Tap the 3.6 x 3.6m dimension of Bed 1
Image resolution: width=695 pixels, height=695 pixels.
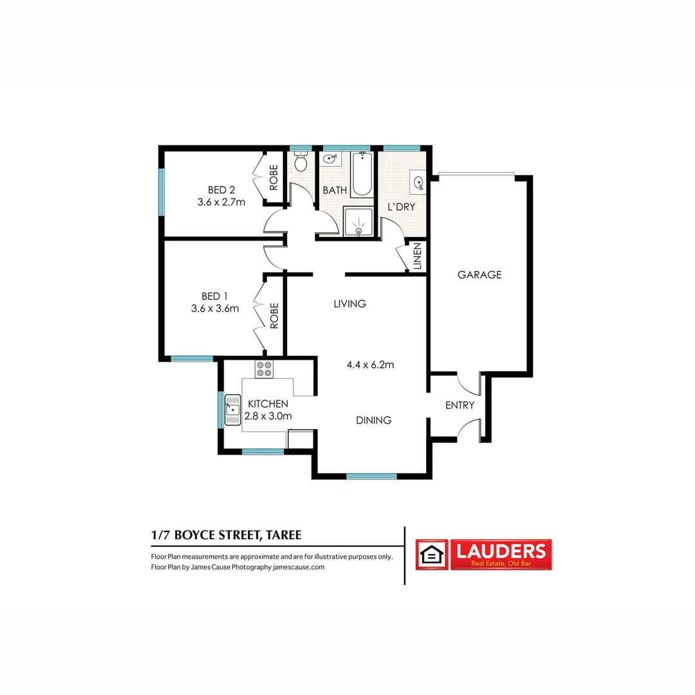tap(215, 308)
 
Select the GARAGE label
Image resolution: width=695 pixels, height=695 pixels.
tap(479, 275)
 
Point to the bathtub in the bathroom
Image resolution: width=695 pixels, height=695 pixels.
tap(362, 173)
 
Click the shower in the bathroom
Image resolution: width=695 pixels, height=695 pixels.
tap(359, 222)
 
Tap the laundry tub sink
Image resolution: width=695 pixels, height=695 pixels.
tap(418, 183)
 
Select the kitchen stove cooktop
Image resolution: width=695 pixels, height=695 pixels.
tap(264, 369)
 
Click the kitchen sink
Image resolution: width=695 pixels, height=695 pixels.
tap(232, 409)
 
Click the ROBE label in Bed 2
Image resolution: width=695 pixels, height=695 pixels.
tap(273, 177)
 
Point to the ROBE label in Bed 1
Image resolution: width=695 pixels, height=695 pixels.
tap(273, 316)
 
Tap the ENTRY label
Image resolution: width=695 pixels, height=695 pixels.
tap(459, 405)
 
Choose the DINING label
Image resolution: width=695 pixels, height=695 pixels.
tap(374, 420)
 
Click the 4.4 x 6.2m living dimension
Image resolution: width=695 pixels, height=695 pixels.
tap(370, 365)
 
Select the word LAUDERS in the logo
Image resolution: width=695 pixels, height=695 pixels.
tap(501, 551)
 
